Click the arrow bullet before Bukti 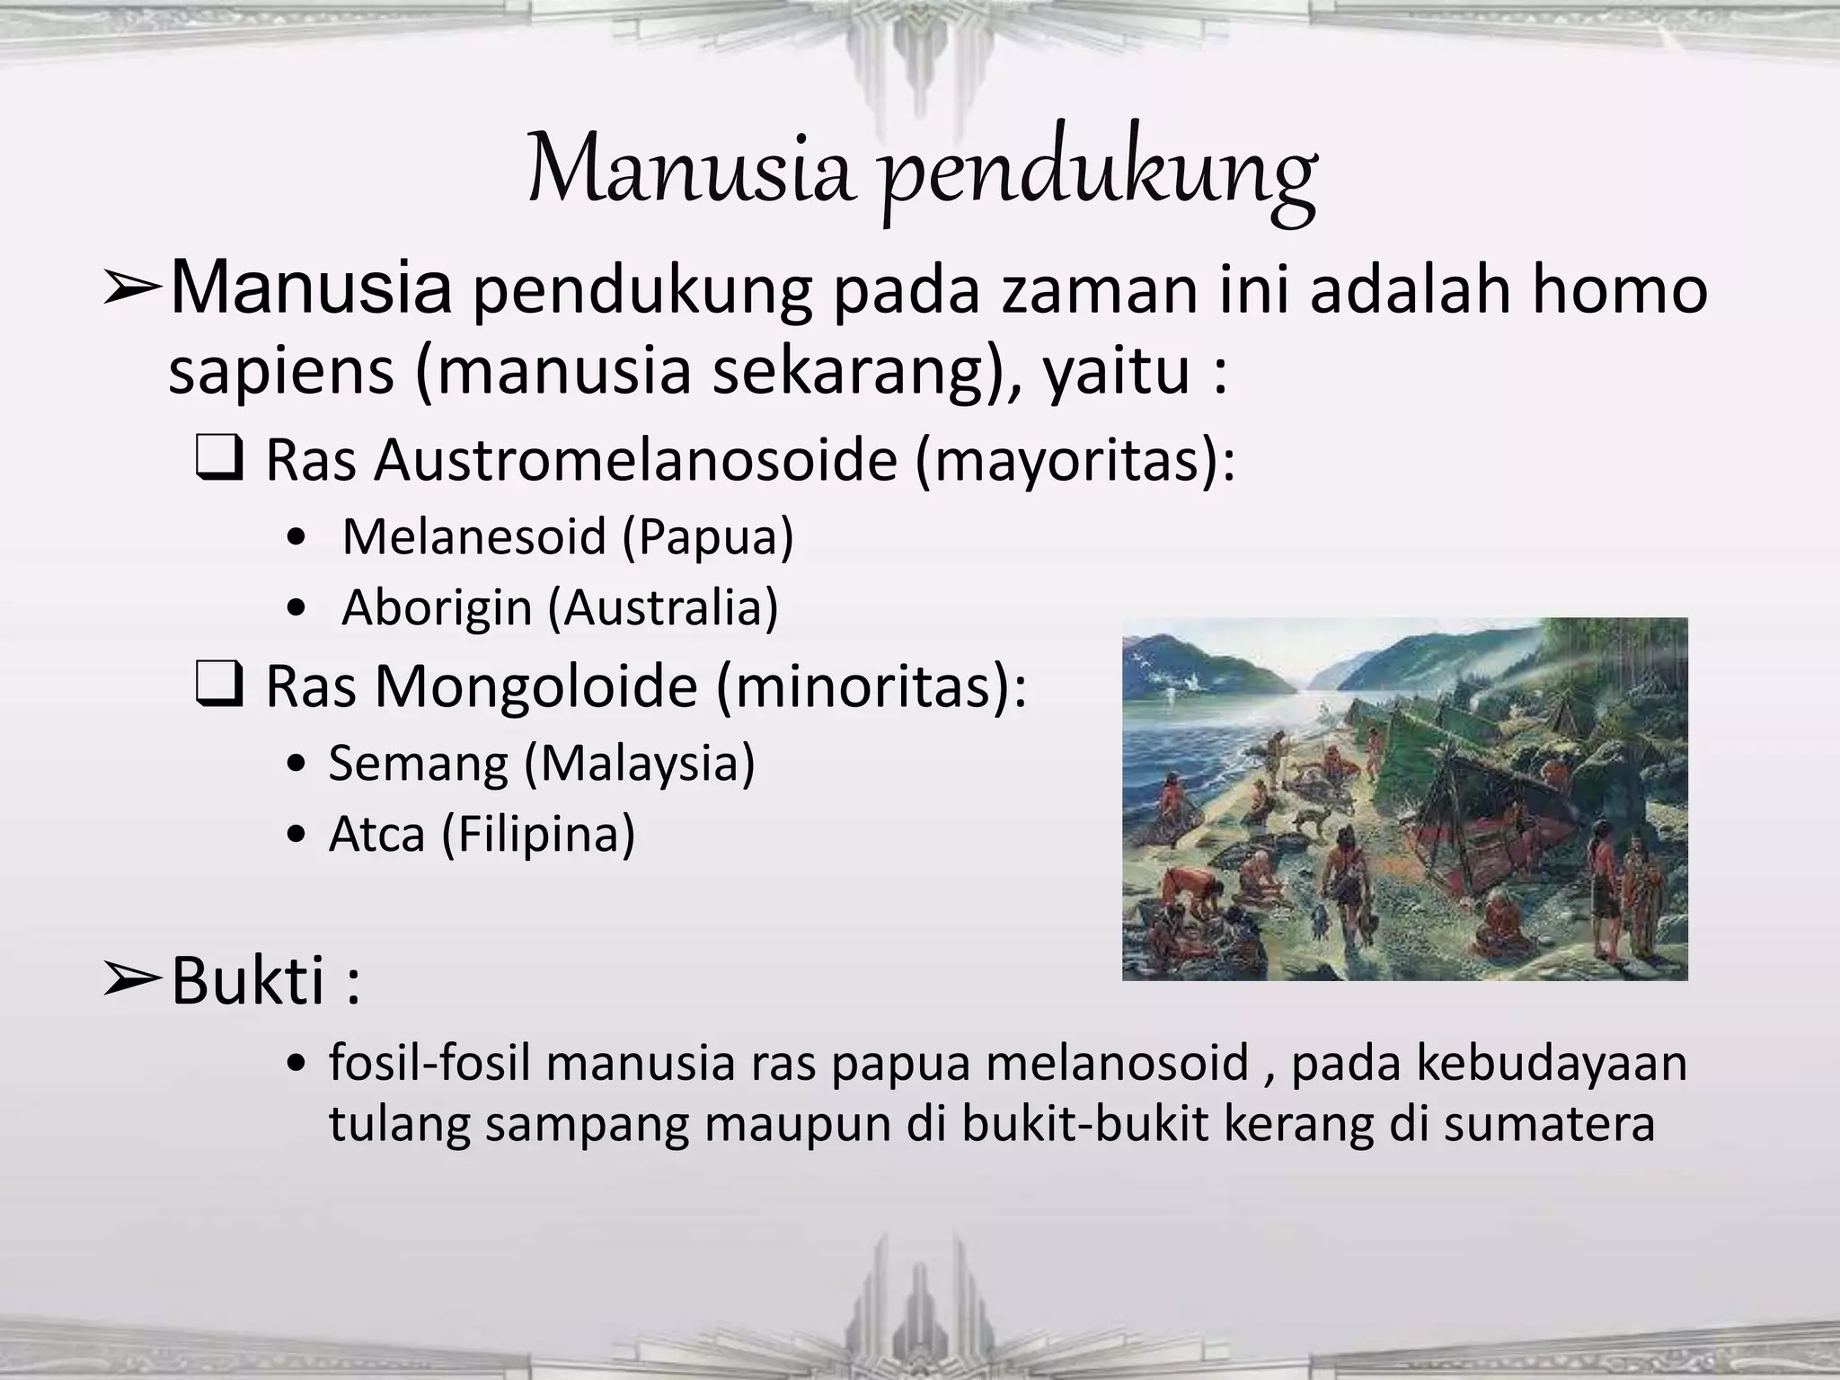coord(131,981)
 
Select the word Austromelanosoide coord(637,460)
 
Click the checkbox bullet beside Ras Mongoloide coord(218,687)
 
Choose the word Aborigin coord(438,607)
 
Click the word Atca coord(377,834)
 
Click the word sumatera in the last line coord(1549,1124)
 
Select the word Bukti coord(248,981)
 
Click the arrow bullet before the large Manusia coord(131,291)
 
